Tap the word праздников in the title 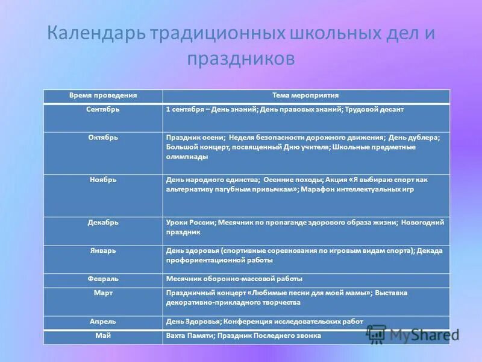241,59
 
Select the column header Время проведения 103,96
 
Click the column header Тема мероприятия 305,96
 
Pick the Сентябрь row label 103,110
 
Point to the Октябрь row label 103,138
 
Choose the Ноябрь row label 103,180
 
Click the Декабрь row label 103,223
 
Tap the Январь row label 103,250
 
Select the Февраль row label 103,279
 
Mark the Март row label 103,293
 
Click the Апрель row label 103,322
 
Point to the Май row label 103,335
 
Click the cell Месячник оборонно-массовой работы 234,279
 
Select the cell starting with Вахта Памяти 243,335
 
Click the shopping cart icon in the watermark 376,334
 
